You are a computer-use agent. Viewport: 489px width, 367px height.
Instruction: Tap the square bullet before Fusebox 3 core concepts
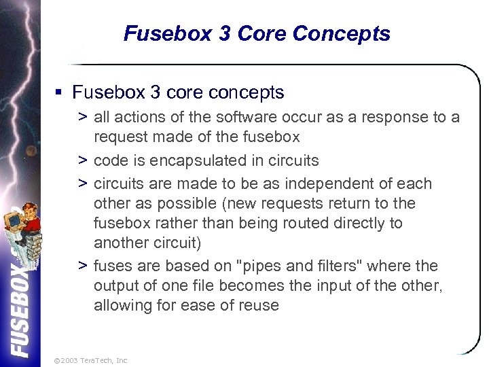point(60,92)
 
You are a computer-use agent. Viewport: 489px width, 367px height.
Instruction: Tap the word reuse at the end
point(259,305)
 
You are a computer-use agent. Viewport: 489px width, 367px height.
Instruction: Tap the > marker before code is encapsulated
point(81,160)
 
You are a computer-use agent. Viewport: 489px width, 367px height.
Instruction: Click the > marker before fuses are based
point(81,266)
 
